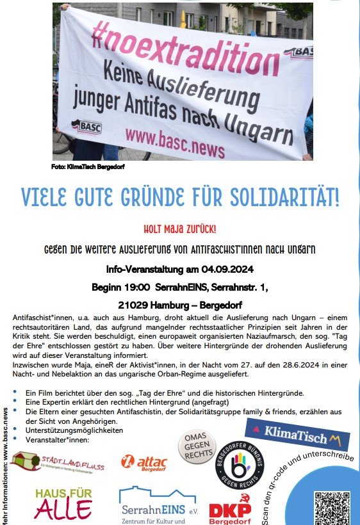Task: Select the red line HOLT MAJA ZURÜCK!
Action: coord(179,228)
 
